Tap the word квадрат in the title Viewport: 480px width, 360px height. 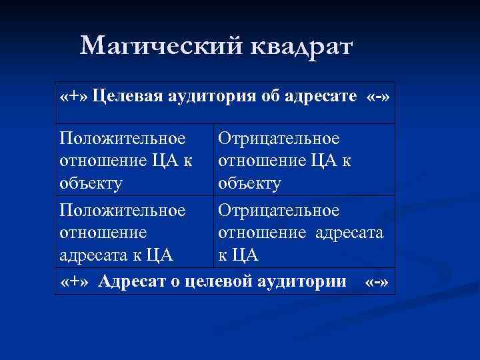[x=303, y=46]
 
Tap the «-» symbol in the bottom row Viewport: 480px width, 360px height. [x=377, y=282]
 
